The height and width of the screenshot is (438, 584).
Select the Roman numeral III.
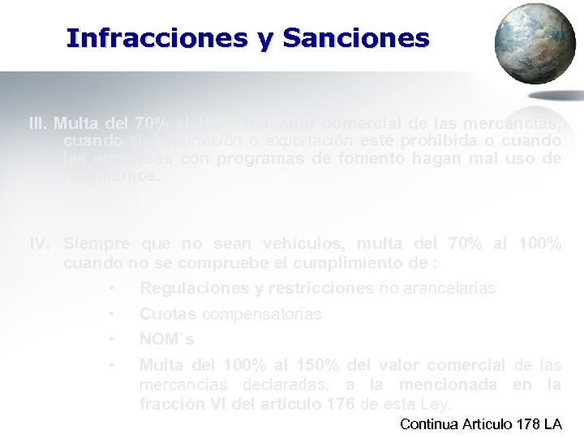(x=37, y=124)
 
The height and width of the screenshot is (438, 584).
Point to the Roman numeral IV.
(x=40, y=243)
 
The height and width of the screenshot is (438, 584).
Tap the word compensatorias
(x=261, y=314)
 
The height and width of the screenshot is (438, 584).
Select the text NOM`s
(x=166, y=339)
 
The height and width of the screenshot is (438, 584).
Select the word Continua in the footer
(x=429, y=424)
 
